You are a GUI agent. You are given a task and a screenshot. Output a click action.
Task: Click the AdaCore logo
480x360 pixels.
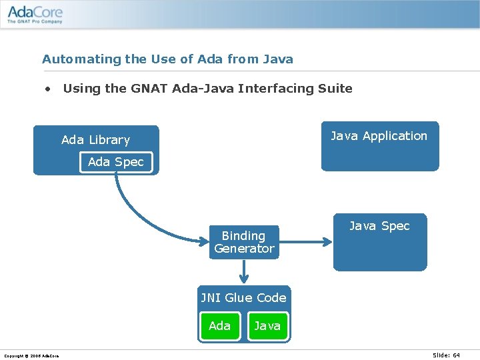(35, 13)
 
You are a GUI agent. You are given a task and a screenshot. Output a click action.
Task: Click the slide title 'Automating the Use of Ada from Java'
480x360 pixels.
(167, 59)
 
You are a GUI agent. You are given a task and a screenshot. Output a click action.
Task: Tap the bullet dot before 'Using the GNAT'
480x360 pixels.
(48, 89)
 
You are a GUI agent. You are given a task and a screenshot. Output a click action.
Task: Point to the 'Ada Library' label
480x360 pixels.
(95, 140)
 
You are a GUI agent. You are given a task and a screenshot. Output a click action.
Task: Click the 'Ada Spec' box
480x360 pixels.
(116, 162)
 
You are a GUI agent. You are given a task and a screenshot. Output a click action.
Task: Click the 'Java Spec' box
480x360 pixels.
(380, 242)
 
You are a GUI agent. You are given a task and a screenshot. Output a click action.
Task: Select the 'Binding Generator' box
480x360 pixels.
(244, 242)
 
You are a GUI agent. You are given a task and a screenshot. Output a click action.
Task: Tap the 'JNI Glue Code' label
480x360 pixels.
(244, 298)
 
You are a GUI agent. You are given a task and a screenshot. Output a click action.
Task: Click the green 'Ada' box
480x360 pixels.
(219, 326)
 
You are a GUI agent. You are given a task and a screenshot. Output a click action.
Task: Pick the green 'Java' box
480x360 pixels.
(267, 326)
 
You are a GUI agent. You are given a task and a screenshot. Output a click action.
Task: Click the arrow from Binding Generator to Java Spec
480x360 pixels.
(305, 242)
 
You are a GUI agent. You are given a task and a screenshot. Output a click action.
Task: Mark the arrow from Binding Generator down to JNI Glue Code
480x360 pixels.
(244, 271)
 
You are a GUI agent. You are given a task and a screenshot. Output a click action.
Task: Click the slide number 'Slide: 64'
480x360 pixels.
(446, 355)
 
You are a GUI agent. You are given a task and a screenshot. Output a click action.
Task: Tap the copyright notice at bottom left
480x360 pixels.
(31, 356)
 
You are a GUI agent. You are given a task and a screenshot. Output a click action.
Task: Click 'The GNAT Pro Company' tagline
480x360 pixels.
(35, 22)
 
